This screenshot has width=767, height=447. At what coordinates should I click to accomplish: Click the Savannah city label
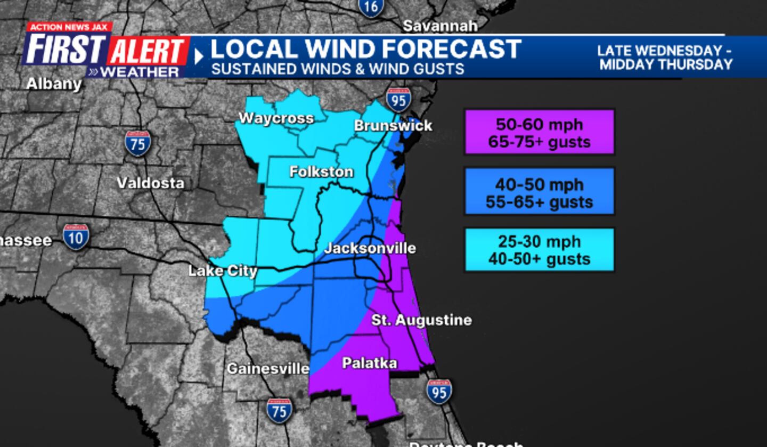(x=440, y=26)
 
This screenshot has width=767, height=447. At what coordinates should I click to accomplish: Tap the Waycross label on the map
(x=276, y=118)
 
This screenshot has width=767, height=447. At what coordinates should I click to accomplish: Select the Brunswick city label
(x=393, y=126)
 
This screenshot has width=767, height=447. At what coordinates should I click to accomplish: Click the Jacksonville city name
(x=370, y=249)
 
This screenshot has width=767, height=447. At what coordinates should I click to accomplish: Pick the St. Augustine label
(x=421, y=320)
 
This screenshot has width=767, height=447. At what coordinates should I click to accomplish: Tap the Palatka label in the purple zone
(x=369, y=363)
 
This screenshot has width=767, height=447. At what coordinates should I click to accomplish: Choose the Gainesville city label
(x=268, y=369)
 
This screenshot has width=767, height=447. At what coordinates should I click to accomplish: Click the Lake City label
(x=223, y=271)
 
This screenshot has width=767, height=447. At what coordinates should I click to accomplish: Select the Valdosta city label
(x=150, y=183)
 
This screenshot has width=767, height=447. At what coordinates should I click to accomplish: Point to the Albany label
(x=54, y=84)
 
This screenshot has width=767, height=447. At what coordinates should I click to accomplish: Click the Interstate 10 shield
(x=76, y=237)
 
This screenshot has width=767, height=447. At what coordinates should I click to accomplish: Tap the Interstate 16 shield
(x=371, y=6)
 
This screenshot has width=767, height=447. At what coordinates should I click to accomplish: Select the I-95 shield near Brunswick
(x=398, y=100)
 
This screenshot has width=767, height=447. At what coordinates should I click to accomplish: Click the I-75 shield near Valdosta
(x=138, y=143)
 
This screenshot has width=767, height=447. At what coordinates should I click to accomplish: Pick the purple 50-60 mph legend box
(x=539, y=133)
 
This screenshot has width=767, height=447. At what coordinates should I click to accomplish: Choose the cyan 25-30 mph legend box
(x=539, y=250)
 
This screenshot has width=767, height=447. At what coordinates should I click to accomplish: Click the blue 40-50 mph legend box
(x=539, y=192)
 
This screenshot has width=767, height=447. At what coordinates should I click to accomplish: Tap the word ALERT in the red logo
(x=148, y=52)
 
